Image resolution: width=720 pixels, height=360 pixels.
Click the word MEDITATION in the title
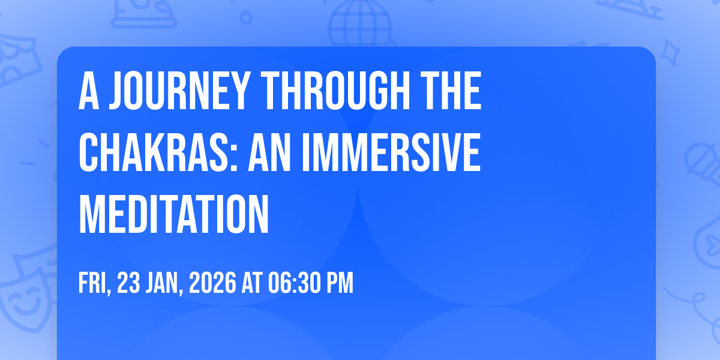[173, 214]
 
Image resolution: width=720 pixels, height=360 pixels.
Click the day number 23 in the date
[128, 283]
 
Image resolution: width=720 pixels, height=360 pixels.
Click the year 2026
[212, 283]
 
